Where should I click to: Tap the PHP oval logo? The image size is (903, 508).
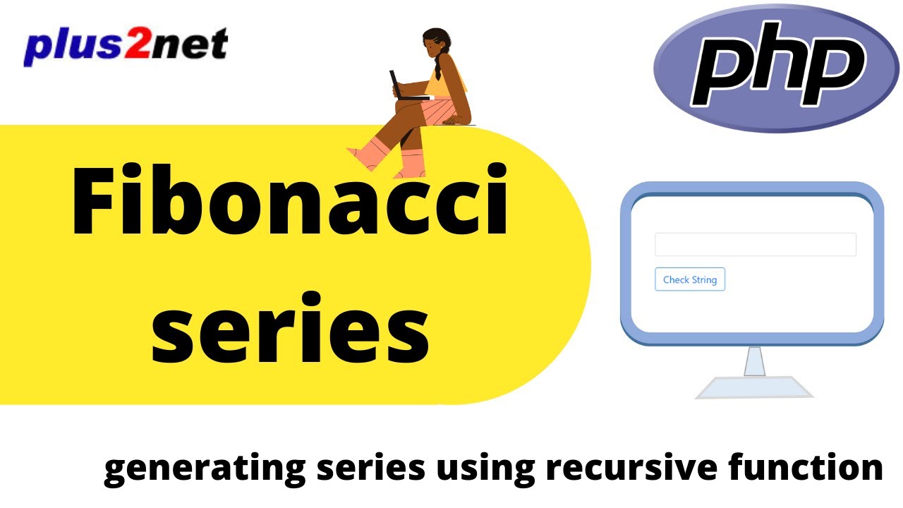pyautogui.click(x=776, y=68)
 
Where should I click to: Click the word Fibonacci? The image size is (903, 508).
pyautogui.click(x=289, y=201)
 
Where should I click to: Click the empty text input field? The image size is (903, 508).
pyautogui.click(x=755, y=244)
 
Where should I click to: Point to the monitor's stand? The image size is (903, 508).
pyautogui.click(x=755, y=362)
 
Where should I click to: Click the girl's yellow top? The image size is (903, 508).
pyautogui.click(x=451, y=81)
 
